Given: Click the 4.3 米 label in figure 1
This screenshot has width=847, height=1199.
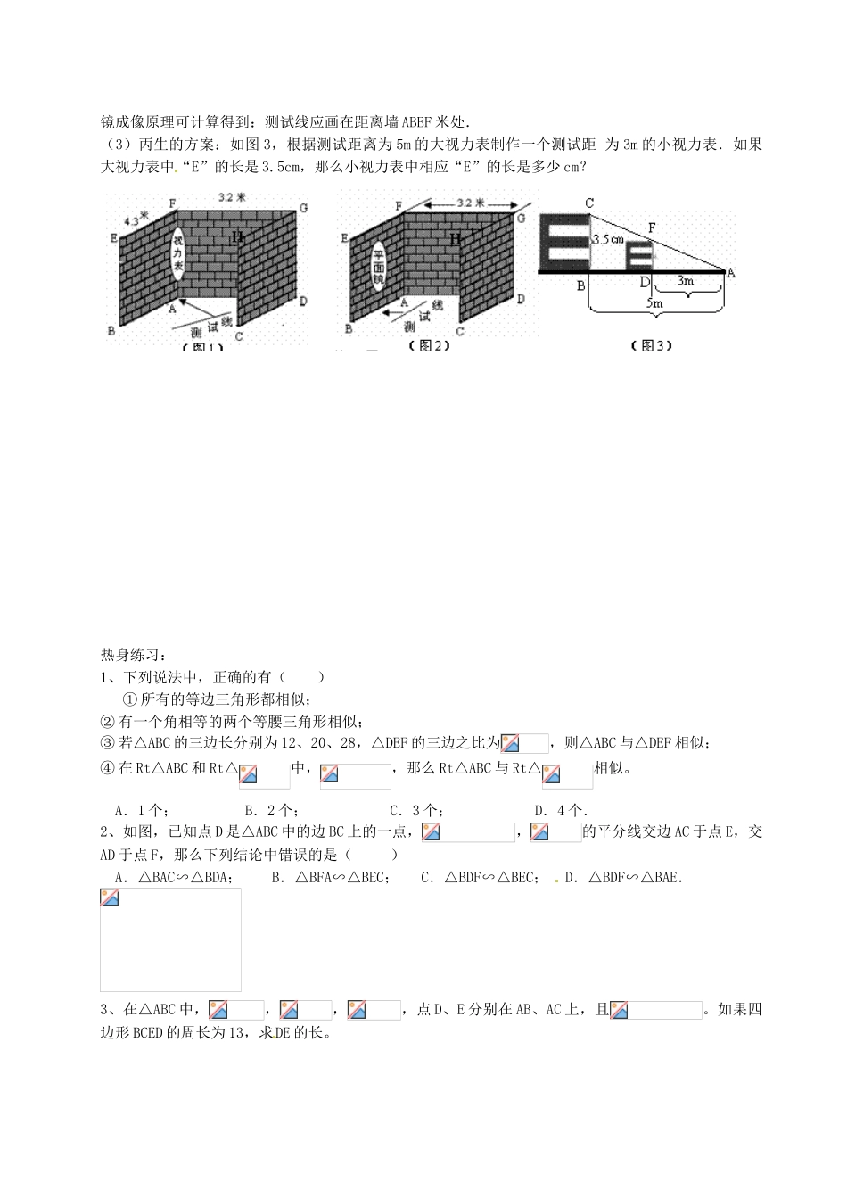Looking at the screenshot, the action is [132, 217].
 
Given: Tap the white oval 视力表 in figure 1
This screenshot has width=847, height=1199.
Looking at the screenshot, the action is [177, 253].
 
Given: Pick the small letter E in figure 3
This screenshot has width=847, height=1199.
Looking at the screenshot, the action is [639, 254].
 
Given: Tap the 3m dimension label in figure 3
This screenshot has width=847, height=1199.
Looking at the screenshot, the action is [685, 280].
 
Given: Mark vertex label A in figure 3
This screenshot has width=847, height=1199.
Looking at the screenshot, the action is [731, 273].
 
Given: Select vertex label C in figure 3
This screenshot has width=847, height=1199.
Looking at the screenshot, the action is [589, 204].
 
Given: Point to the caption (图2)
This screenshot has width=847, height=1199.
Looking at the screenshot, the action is [428, 345].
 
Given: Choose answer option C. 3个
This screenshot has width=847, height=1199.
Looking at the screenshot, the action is [415, 810].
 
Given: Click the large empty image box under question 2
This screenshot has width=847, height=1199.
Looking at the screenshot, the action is [170, 939].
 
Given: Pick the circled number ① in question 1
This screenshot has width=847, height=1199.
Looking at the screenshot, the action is [129, 699].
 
